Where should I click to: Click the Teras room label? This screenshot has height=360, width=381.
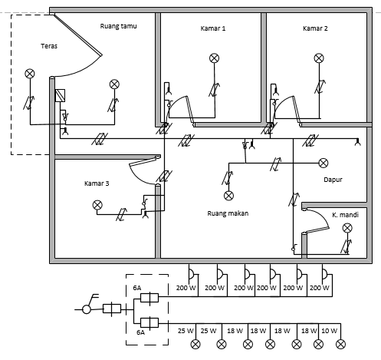(x=49, y=46)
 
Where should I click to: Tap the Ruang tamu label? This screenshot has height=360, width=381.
(x=117, y=26)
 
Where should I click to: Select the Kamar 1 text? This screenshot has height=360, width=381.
(x=213, y=28)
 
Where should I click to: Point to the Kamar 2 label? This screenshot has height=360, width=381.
(x=315, y=28)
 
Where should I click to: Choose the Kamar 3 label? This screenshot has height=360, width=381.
(x=97, y=183)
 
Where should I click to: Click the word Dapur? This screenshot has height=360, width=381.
(x=333, y=180)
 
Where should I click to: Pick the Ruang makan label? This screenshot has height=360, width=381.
(x=228, y=213)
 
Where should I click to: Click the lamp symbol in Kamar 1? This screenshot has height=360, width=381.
(x=215, y=58)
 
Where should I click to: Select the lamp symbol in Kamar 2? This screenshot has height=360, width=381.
(x=318, y=58)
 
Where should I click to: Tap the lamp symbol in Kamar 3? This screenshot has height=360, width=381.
(x=97, y=205)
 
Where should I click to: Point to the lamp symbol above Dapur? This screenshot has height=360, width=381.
(x=324, y=162)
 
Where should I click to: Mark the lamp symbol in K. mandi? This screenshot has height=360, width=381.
(x=347, y=228)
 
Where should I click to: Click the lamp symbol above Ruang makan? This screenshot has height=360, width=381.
(x=228, y=195)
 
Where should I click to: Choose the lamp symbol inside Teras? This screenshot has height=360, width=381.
(x=30, y=74)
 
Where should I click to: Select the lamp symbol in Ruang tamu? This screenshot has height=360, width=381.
(x=114, y=83)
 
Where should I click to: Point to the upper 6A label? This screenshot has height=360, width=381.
(x=136, y=286)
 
